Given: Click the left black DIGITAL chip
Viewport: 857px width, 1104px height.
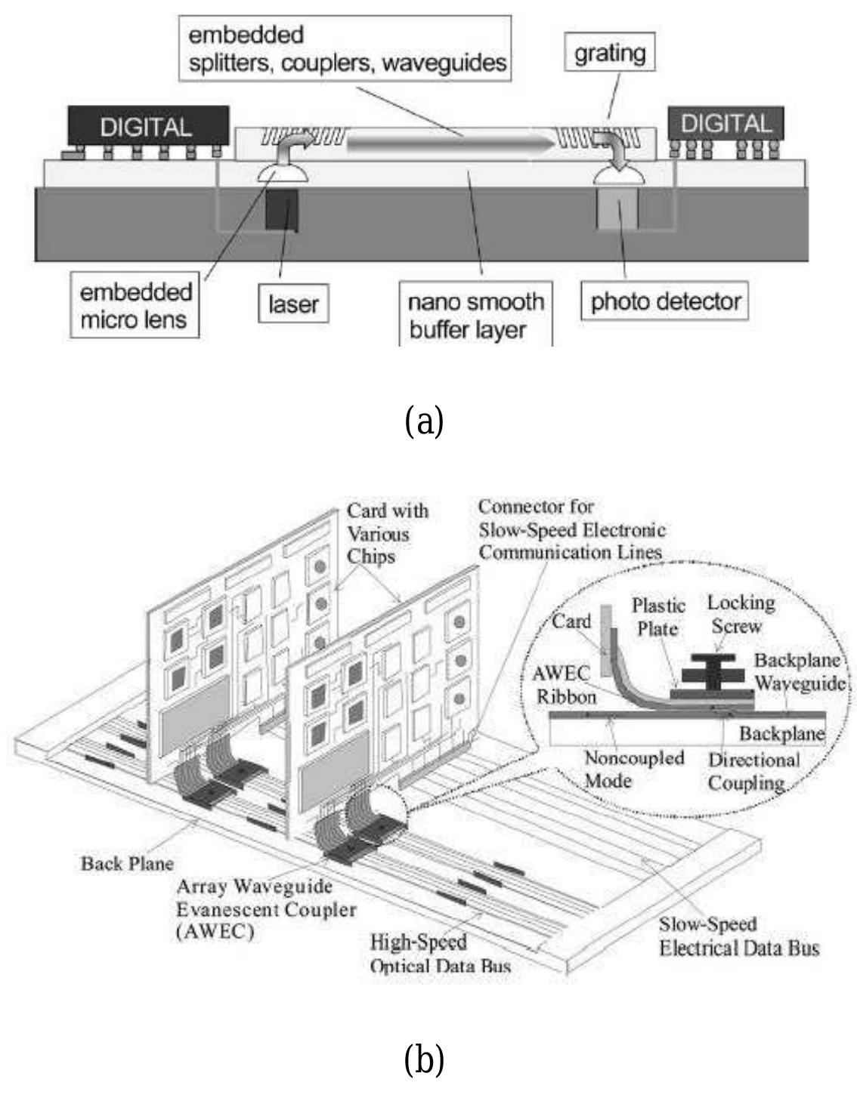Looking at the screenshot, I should [x=148, y=125].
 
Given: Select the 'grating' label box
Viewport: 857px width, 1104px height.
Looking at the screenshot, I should [x=610, y=53].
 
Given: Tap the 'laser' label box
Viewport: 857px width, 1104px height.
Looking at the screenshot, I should [x=294, y=304].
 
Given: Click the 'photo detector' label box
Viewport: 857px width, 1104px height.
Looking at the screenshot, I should [x=665, y=302].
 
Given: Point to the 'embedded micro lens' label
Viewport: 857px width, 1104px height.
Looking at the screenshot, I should [x=135, y=307].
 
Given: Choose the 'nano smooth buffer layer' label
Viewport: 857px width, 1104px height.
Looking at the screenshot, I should [x=475, y=316].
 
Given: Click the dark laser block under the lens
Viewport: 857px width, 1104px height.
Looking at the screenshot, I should [x=282, y=211].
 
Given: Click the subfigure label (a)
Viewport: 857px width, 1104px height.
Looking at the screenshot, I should [x=424, y=420].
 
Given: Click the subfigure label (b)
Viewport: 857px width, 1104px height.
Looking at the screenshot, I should [x=424, y=1059].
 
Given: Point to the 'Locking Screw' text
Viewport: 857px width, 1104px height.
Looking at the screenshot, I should [x=740, y=614].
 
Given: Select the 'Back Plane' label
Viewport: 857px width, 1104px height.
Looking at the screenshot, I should [x=127, y=863].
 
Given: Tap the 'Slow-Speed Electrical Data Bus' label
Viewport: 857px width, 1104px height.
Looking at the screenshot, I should [x=738, y=936].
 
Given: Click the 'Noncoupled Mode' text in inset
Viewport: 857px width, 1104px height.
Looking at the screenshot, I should [x=623, y=769].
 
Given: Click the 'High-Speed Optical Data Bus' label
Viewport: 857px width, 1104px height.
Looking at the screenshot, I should [x=440, y=954].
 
